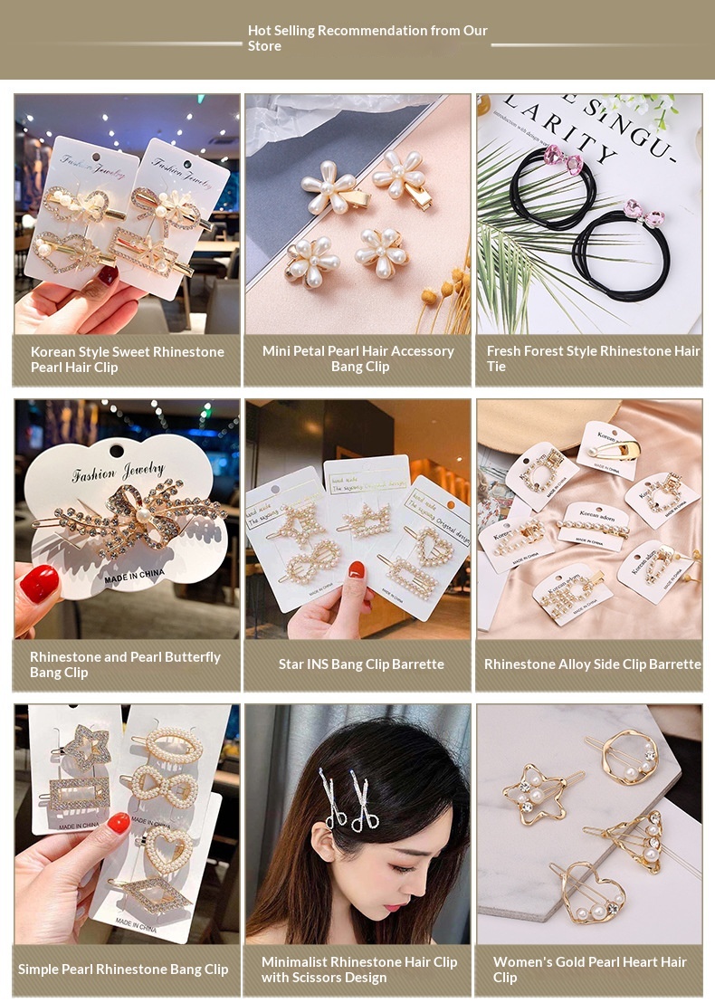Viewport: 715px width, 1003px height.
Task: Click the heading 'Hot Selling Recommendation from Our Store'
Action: pos(367,38)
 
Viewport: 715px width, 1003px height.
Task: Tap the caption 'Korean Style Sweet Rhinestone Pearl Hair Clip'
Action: pos(127,359)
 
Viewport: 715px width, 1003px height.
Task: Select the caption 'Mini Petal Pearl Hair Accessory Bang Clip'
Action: pos(358,358)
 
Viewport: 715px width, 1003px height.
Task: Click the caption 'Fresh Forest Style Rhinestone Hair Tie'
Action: pos(593,358)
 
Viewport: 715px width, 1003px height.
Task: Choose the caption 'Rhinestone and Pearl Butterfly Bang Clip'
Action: pos(125,664)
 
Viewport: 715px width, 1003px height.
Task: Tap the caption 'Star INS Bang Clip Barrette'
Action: pos(361,664)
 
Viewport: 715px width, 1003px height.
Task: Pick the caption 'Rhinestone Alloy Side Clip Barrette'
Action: pos(592,664)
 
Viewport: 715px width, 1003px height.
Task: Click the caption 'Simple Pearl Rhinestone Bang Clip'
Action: pos(123,970)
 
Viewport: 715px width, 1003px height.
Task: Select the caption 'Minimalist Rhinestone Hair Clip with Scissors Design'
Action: pos(359,970)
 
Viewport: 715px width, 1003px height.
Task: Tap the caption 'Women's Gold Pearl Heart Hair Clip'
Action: pos(589,970)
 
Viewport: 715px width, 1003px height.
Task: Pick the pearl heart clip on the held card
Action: pos(168,851)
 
